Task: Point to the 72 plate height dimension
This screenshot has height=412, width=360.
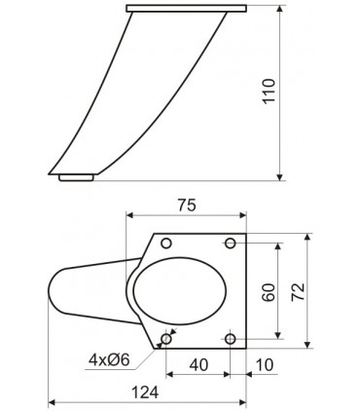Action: click(298, 289)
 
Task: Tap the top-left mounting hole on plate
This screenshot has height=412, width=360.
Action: click(165, 242)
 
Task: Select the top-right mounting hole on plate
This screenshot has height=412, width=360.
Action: click(231, 242)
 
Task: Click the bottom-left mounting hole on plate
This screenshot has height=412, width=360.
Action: click(165, 338)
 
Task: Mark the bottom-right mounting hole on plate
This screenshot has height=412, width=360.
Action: click(231, 338)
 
